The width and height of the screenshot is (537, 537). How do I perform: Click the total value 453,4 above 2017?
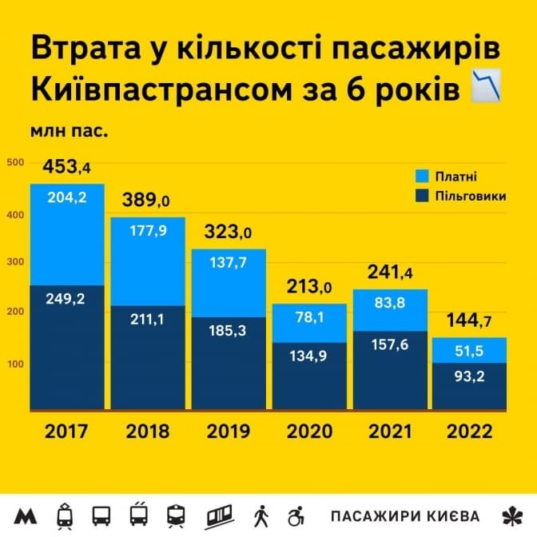click(67, 167)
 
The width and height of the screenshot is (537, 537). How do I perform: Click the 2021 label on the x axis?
click(390, 432)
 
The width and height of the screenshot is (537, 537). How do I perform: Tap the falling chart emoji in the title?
click(486, 85)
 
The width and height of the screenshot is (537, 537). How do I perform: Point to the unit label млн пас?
click(70, 128)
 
